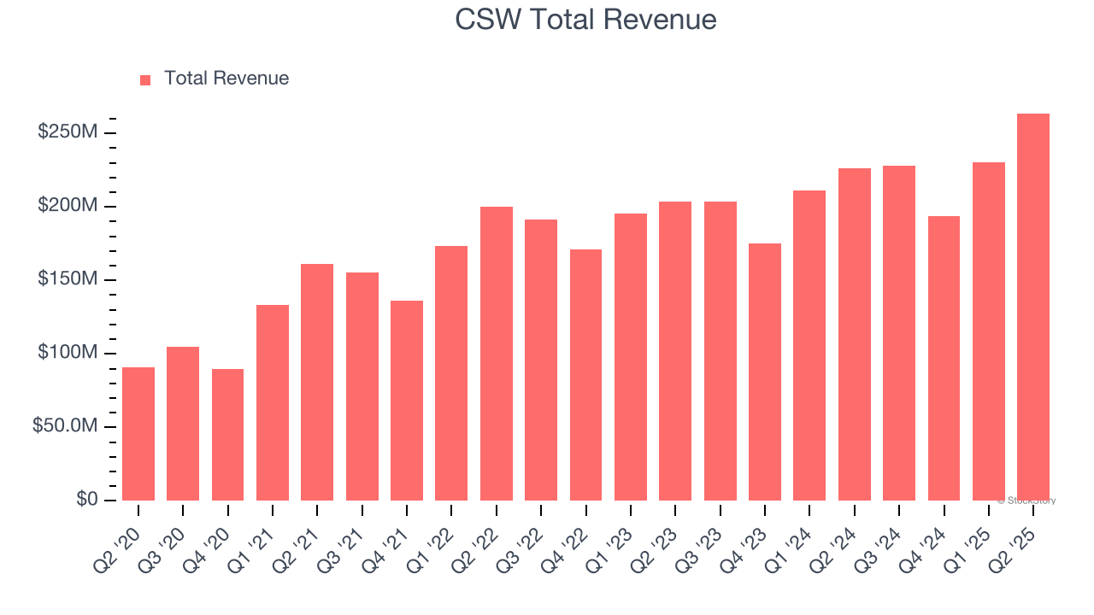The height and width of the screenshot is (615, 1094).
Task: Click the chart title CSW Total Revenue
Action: click(585, 20)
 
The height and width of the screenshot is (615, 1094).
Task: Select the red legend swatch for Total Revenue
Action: click(145, 79)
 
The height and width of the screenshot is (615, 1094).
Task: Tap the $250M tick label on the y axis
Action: click(68, 132)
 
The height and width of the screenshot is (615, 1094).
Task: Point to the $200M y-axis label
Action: click(68, 206)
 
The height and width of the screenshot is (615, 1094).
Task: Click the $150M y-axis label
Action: click(68, 279)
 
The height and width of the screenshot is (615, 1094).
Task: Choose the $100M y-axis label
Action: click(68, 353)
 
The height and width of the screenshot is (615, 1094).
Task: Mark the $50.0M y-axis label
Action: click(65, 426)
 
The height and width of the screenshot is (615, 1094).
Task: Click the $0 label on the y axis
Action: click(86, 499)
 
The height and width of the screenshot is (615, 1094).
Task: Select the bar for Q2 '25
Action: click(1033, 307)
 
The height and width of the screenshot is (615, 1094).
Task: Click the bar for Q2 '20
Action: click(138, 434)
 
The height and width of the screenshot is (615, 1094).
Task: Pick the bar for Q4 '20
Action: click(227, 435)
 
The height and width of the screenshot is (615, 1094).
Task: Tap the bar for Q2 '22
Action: click(497, 354)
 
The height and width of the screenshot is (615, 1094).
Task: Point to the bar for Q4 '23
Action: click(765, 372)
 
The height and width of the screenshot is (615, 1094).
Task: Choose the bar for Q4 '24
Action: click(944, 359)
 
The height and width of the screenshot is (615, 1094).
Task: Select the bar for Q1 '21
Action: click(273, 402)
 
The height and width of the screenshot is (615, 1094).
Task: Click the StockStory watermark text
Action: click(1026, 501)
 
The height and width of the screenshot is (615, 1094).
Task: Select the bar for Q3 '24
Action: click(899, 333)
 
